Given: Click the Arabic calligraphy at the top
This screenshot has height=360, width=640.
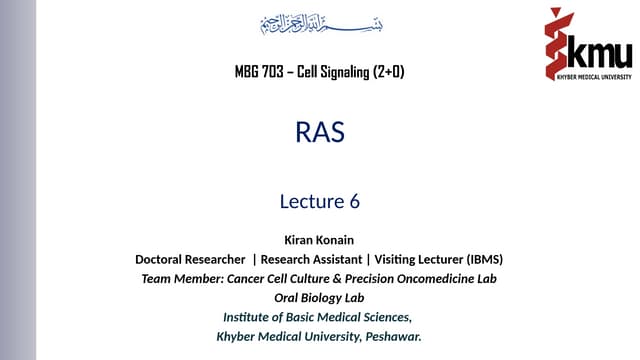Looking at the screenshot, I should coord(320,24).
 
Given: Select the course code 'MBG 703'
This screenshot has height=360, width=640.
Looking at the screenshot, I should coord(257,72).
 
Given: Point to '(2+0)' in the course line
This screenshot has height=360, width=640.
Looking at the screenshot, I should coord(388,72).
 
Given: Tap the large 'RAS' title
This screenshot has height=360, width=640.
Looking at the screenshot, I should coord(320,132).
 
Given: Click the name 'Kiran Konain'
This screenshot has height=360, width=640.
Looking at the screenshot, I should coord(320,240).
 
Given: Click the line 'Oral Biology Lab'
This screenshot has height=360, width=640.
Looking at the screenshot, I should coord(320,297).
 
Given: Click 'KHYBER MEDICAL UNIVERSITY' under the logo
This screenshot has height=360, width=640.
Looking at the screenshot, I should coord(585,75).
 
